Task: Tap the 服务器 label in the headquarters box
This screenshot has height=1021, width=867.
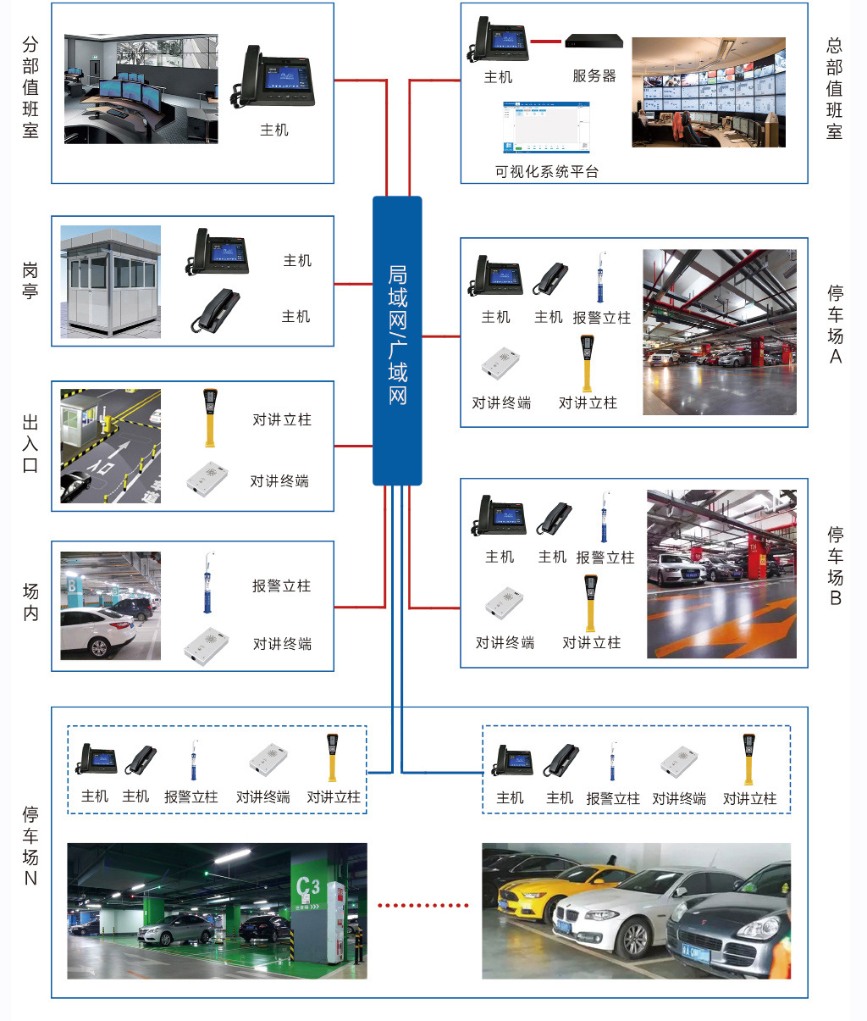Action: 594,76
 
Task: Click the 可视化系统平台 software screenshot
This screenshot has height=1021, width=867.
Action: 546,128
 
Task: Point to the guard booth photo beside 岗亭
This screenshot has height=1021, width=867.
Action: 111,282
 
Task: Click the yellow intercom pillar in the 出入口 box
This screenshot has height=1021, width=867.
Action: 209,417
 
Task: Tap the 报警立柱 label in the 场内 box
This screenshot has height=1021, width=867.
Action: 281,586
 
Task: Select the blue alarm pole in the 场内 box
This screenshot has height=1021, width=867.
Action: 207,584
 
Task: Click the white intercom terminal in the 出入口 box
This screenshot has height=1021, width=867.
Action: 207,479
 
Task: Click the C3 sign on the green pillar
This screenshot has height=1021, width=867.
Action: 308,888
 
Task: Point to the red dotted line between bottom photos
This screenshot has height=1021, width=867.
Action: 422,905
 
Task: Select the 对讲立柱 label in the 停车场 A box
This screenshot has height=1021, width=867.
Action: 588,403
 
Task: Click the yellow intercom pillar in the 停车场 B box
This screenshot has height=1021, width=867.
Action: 590,602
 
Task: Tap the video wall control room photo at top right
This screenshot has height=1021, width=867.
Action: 709,92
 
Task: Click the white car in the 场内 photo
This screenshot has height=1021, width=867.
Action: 97,632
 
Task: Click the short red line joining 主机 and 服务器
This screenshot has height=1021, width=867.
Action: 547,41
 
